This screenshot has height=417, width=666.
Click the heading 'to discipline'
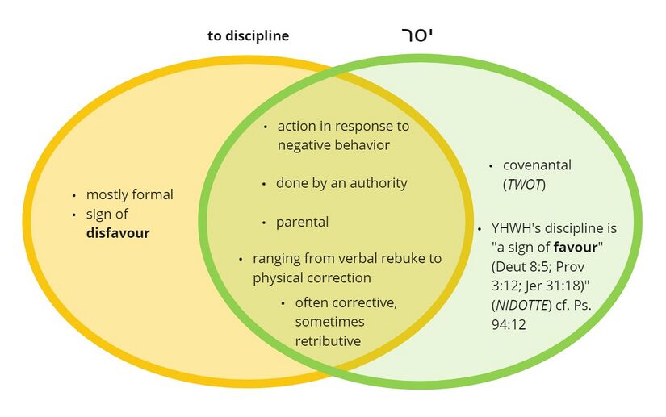[x=248, y=36]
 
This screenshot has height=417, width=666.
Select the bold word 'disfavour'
[x=118, y=234]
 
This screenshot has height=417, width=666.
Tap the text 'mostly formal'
[x=129, y=194]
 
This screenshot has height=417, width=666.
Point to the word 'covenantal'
[x=537, y=165]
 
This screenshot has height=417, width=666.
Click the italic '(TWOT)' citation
[x=525, y=185]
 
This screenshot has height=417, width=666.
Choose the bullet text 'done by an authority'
[x=341, y=183]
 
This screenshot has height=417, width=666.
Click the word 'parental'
[x=302, y=222]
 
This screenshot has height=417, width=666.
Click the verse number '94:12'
[x=509, y=324]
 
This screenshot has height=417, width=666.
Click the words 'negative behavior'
[x=333, y=145]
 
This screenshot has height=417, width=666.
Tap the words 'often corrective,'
[x=346, y=303]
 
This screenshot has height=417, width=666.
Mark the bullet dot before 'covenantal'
[x=492, y=166]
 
